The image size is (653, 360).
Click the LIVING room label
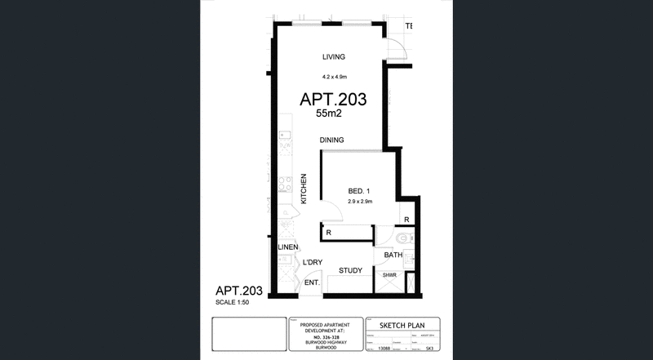click(x=335, y=57)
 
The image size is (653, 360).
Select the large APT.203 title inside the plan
click(x=333, y=100)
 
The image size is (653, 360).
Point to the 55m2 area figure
click(x=332, y=115)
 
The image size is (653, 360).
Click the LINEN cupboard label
click(x=287, y=247)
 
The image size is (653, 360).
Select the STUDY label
click(x=350, y=270)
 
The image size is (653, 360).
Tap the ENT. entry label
click(x=311, y=283)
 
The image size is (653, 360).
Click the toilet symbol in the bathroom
click(x=406, y=240)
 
